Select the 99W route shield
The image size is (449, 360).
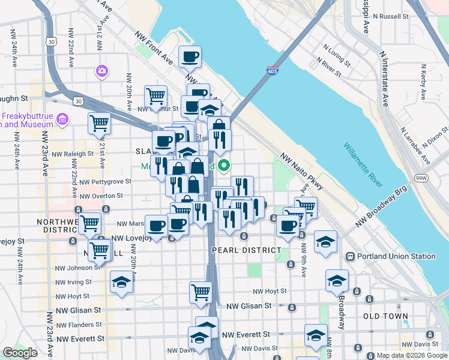point(422,178)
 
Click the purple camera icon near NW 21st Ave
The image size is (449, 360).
point(101,71)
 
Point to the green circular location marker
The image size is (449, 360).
point(224,165)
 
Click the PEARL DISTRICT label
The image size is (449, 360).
point(246,250)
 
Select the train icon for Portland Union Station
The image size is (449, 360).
point(351,256)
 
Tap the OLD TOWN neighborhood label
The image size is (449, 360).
point(385,316)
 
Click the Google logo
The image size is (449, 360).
point(20,353)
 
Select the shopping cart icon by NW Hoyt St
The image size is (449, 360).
point(200,292)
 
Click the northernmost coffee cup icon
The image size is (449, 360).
point(190,57)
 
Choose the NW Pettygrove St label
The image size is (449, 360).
point(105,181)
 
